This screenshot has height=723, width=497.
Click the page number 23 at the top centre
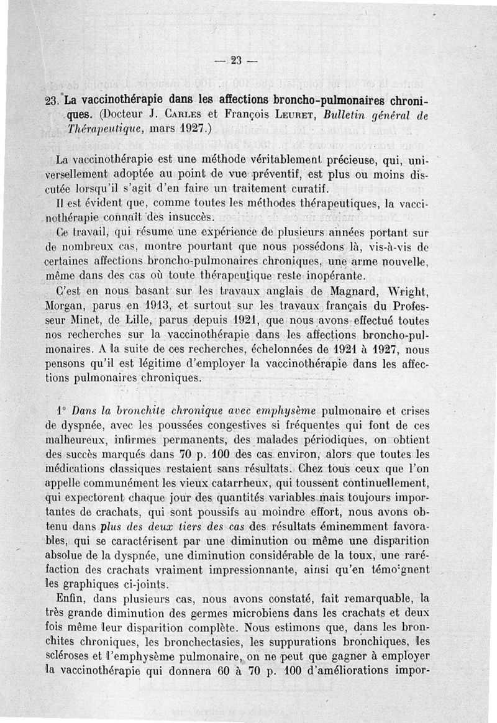pyautogui.click(x=235, y=60)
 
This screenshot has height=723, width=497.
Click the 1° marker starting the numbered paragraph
pyautogui.click(x=60, y=411)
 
